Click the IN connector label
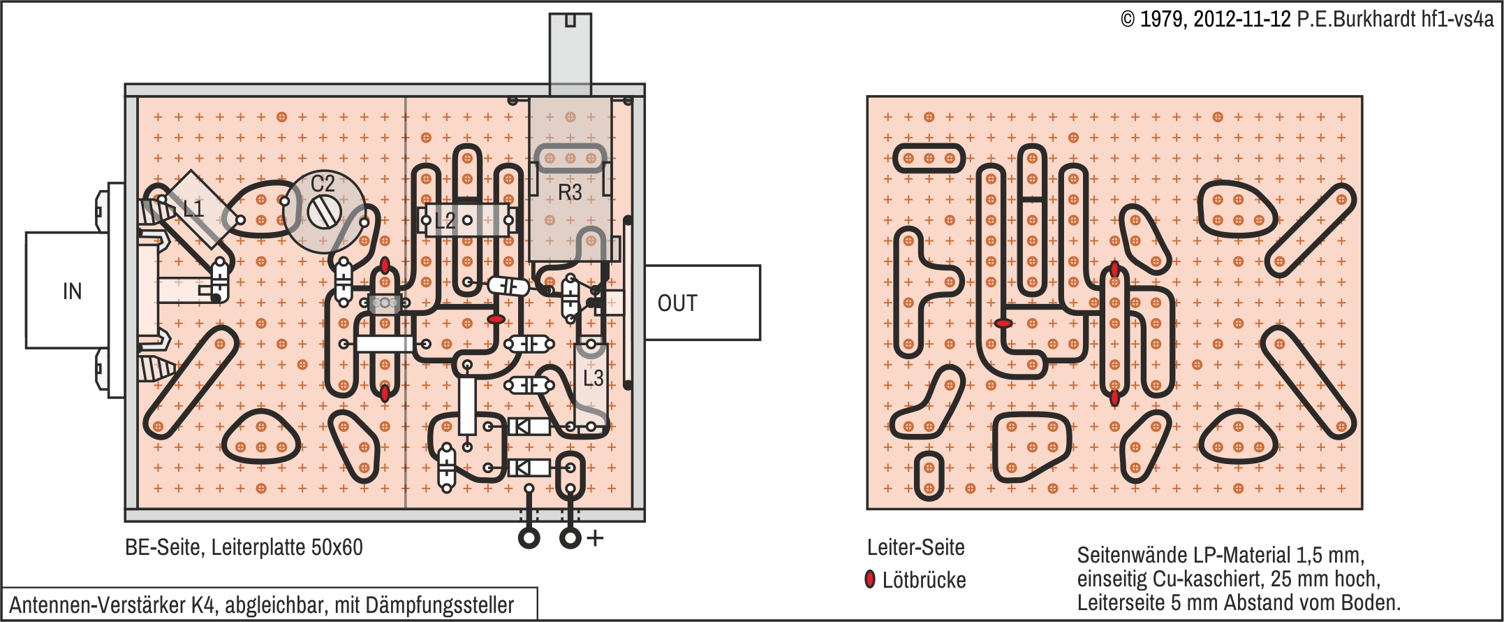coord(72,291)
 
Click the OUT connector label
coord(677,303)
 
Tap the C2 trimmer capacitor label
coord(323,184)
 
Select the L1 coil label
coord(193,208)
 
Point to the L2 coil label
coord(445,222)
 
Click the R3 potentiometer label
coord(570,192)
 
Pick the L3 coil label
coord(593,378)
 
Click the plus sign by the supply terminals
coord(595,538)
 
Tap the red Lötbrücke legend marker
coord(870,579)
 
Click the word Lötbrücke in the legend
coord(924,580)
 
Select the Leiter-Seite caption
coord(915,547)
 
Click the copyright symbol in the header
coord(1128,20)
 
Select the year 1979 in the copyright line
coord(1163,20)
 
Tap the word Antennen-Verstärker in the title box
coord(97,605)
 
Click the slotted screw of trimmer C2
coord(324,212)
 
